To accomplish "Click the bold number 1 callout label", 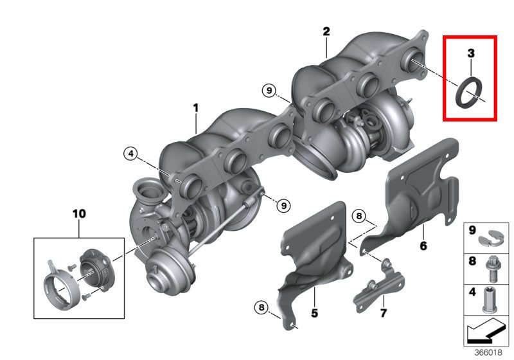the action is (196, 108).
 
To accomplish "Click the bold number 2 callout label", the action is (326, 32).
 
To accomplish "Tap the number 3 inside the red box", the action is (471, 53).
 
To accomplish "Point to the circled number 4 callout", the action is (131, 154).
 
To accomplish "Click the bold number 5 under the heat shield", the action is (314, 313).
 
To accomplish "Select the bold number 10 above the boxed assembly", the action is (79, 214).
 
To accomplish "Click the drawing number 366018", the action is (488, 352).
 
